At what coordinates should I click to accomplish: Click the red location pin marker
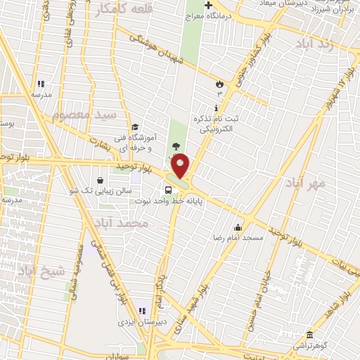[x=180, y=166]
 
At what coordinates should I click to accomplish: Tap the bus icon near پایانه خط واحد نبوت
[x=168, y=190]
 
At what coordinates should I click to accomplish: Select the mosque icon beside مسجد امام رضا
[x=238, y=227]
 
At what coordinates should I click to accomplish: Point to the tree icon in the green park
[x=175, y=146]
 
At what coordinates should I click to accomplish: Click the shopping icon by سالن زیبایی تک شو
[x=101, y=180]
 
